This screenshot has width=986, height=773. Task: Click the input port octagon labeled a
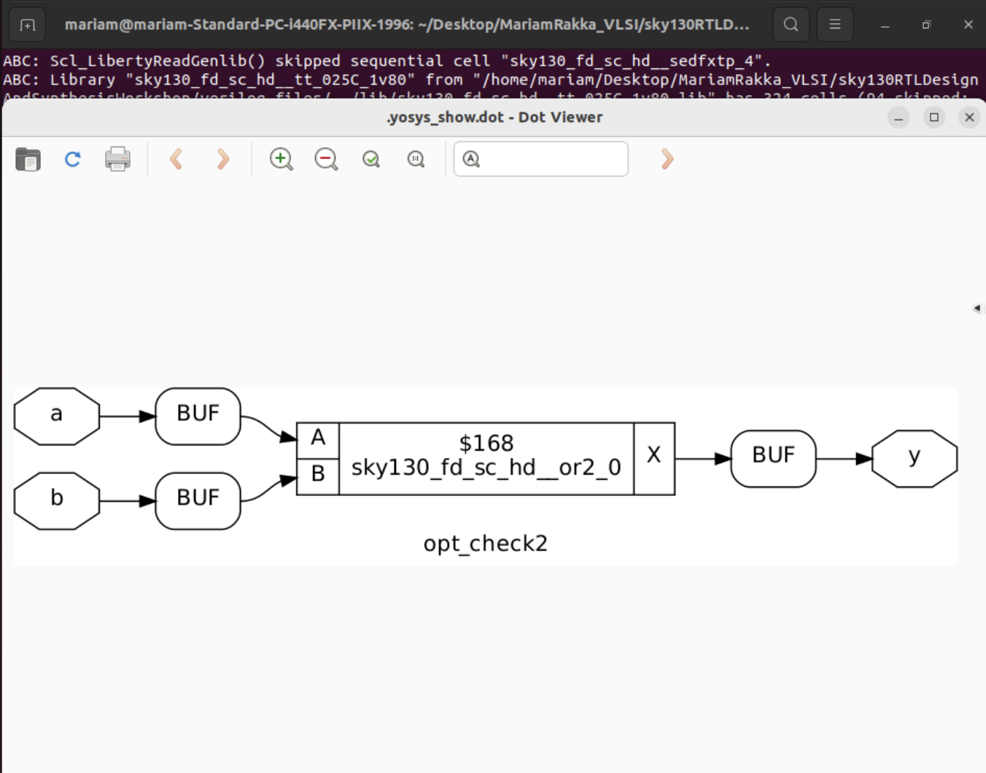(x=57, y=416)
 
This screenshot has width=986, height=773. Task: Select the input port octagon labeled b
(x=57, y=501)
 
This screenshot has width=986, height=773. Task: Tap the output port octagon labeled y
(x=915, y=459)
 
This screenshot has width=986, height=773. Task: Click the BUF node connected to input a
(x=198, y=416)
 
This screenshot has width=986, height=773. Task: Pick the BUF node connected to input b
(x=198, y=501)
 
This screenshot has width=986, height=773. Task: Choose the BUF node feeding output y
(x=773, y=459)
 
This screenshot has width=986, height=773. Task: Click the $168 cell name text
(x=486, y=443)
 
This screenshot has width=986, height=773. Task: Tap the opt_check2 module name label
(x=485, y=544)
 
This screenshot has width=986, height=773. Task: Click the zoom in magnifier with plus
(x=281, y=159)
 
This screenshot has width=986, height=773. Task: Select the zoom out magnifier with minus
(x=326, y=159)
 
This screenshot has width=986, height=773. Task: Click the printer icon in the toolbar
(x=117, y=159)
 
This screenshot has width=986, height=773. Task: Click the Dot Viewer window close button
(x=969, y=117)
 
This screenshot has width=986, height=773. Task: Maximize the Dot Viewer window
(x=934, y=117)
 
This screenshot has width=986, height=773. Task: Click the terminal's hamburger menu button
(x=835, y=25)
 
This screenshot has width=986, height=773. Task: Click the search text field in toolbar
(x=551, y=159)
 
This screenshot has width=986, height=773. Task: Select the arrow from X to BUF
(x=702, y=459)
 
